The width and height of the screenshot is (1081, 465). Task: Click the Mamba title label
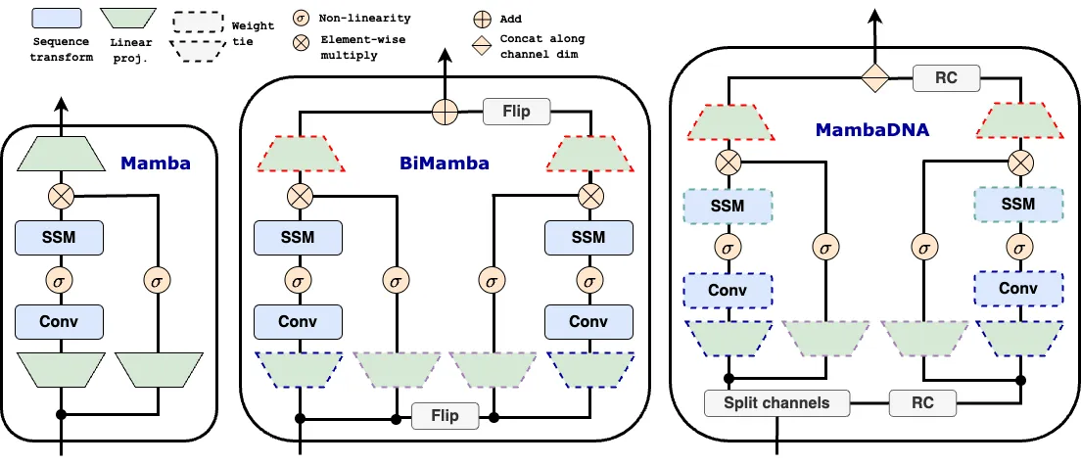155,163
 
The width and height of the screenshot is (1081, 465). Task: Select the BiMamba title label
446,163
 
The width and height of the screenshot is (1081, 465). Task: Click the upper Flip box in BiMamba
517,111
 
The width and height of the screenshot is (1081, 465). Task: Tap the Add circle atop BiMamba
446,112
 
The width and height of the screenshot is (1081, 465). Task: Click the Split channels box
776,402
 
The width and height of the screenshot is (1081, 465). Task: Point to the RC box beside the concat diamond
947,78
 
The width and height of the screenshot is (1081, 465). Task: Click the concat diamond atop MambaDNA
874,78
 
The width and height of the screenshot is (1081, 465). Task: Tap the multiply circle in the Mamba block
61,196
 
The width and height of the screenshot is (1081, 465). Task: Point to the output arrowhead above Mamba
61,102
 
